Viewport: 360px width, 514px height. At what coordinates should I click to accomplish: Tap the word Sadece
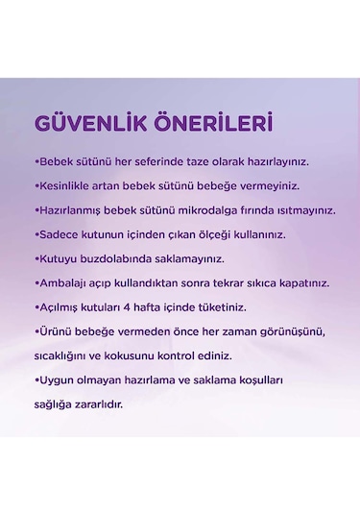pos(57,234)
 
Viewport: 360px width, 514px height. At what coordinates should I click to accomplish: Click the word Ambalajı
pos(61,284)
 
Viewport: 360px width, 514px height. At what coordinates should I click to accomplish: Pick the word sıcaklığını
pos(64,355)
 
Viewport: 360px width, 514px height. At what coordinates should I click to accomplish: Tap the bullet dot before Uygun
pos(36,380)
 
